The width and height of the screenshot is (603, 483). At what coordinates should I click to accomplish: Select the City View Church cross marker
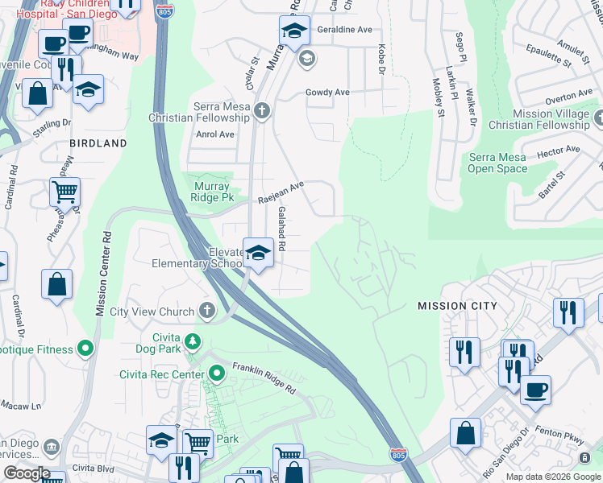(207, 312)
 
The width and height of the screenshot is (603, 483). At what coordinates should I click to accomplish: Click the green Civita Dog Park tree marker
(193, 342)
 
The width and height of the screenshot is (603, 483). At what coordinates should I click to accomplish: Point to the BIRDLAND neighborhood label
(98, 143)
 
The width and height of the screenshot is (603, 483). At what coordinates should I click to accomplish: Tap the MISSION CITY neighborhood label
(457, 306)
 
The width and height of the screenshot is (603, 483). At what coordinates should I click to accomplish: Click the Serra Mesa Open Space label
(497, 163)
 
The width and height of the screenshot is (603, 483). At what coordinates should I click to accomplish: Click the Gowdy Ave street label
(327, 93)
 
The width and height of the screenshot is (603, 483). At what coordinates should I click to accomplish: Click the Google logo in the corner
(26, 473)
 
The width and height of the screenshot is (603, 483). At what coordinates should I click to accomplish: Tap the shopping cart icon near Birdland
(64, 192)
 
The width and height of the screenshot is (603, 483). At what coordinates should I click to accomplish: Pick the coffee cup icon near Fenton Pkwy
(534, 390)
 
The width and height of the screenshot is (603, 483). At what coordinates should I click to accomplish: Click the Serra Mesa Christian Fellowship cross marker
(261, 111)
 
